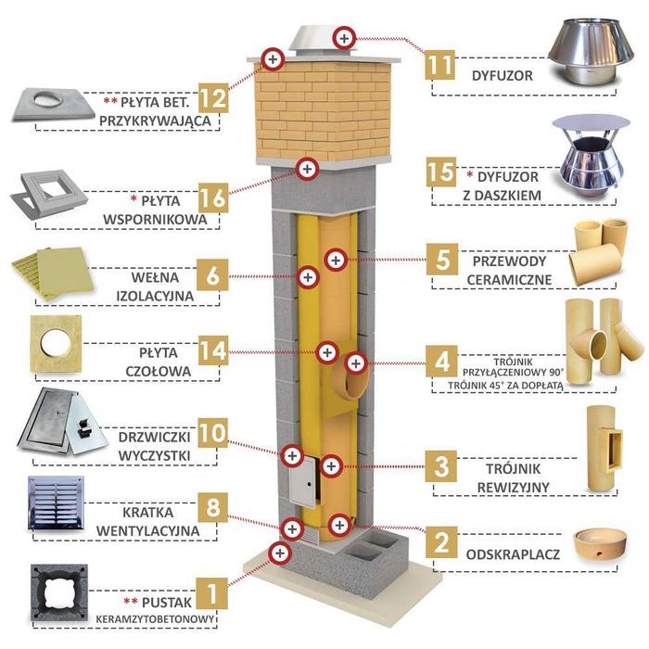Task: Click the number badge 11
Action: tap(442, 65)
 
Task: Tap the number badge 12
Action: tap(213, 96)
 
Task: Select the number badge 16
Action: tap(213, 198)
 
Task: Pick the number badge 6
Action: tap(213, 275)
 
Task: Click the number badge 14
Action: tap(213, 351)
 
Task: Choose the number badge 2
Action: tap(442, 542)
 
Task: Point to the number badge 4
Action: tap(442, 360)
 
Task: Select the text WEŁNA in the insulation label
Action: tap(152, 275)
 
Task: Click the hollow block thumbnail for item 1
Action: tap(61, 589)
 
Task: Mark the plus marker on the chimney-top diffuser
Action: tap(344, 38)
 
